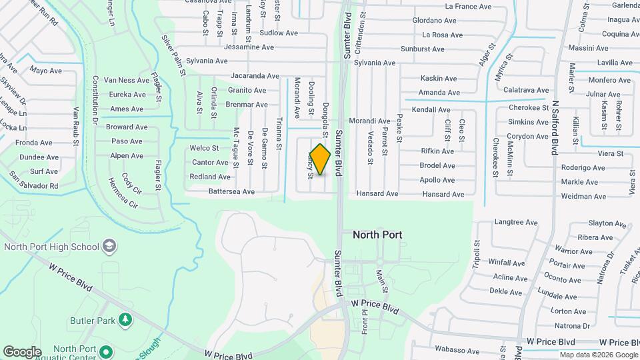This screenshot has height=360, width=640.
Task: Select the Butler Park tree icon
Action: pyautogui.click(x=125, y=321)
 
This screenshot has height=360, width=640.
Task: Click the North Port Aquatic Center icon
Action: pyautogui.click(x=106, y=351)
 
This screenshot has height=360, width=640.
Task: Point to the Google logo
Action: pyautogui.click(x=22, y=352)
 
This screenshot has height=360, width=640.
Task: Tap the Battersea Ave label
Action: pyautogui.click(x=231, y=191)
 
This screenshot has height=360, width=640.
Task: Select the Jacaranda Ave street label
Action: pyautogui.click(x=257, y=77)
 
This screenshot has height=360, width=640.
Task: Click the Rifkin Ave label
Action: pyautogui.click(x=437, y=151)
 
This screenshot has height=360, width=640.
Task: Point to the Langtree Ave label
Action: pyautogui.click(x=516, y=222)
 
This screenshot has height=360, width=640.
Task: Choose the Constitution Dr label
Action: pyautogui.click(x=95, y=101)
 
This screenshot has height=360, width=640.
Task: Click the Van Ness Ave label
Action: pyautogui.click(x=126, y=80)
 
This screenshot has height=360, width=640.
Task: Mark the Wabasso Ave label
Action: pyautogui.click(x=457, y=349)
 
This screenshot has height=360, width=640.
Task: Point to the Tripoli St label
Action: pyautogui.click(x=476, y=253)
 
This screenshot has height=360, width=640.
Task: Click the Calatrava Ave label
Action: pyautogui.click(x=526, y=90)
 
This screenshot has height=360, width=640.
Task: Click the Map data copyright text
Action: pyautogui.click(x=597, y=355)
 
